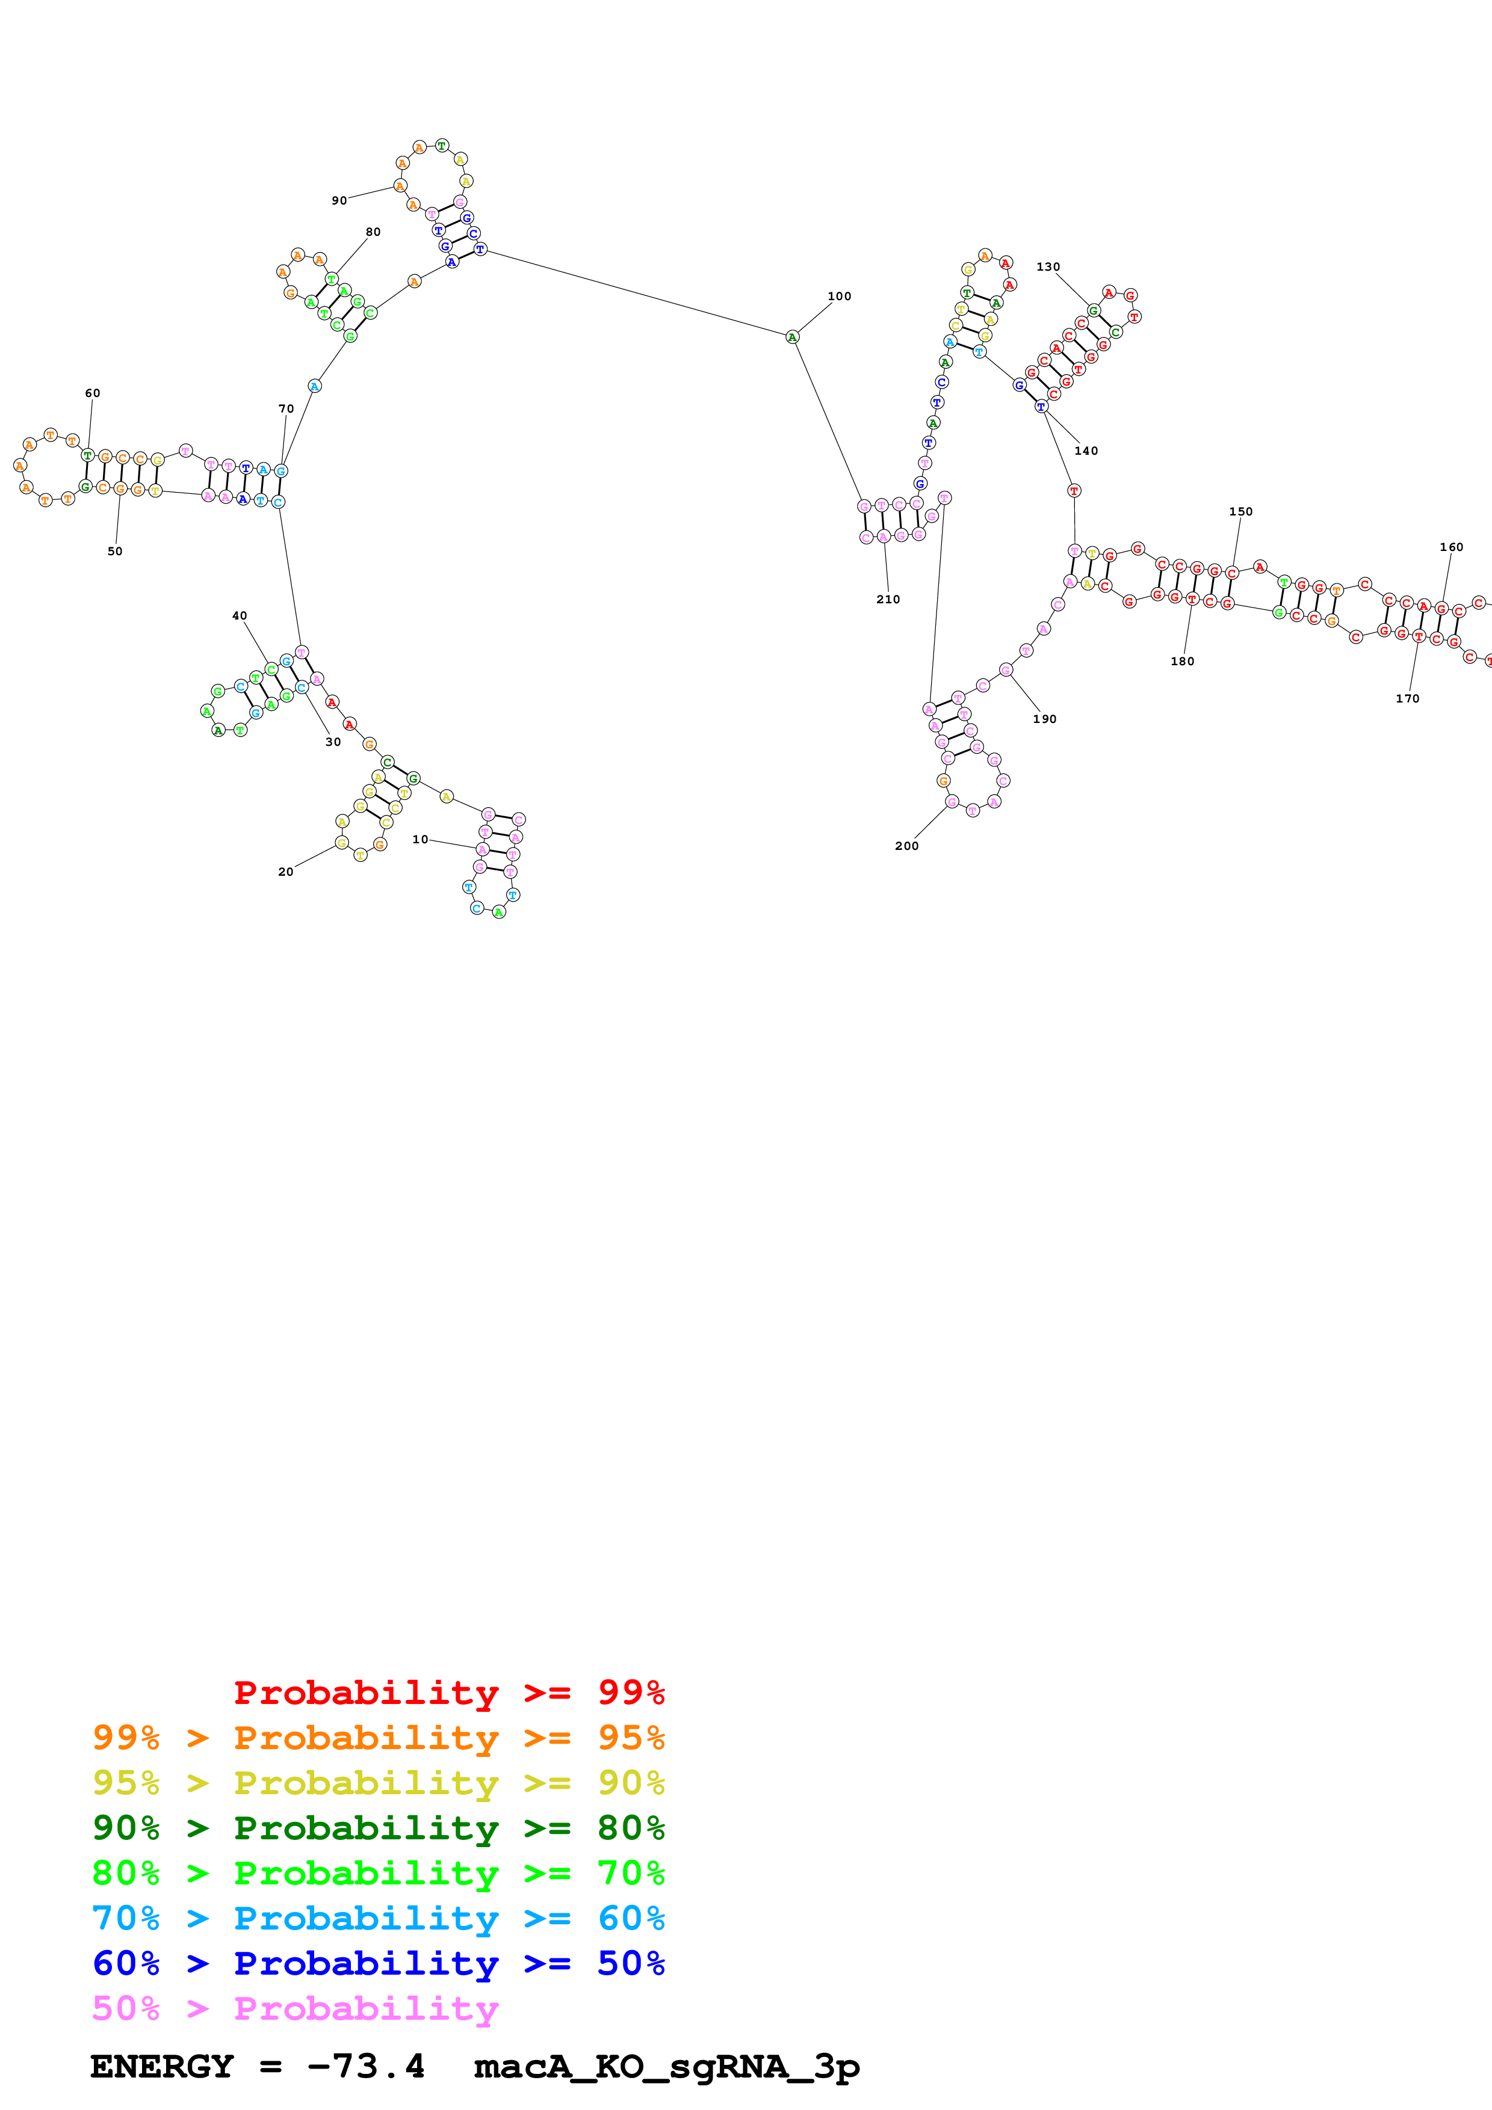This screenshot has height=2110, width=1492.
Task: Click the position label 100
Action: tap(840, 296)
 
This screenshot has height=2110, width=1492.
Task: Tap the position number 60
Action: tap(93, 392)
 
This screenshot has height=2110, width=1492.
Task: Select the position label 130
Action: tap(1048, 266)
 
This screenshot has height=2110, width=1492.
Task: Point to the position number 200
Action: tap(906, 846)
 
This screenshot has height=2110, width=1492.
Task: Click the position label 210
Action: tap(888, 599)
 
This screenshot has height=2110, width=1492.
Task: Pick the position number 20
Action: tap(286, 871)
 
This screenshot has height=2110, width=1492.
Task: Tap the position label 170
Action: tap(1407, 698)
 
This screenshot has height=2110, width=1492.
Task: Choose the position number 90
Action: tap(339, 200)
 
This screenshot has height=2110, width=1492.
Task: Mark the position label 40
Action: tap(239, 616)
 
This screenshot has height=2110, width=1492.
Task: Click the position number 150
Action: tap(1241, 512)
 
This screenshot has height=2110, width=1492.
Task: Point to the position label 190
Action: tap(1044, 719)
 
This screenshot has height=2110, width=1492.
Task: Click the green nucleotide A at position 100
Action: tap(793, 337)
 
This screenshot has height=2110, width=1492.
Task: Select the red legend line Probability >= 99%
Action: tap(448, 1692)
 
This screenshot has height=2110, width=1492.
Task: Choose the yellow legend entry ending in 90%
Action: tap(378, 1782)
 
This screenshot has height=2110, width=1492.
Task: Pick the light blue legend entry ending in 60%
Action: tap(378, 1918)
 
